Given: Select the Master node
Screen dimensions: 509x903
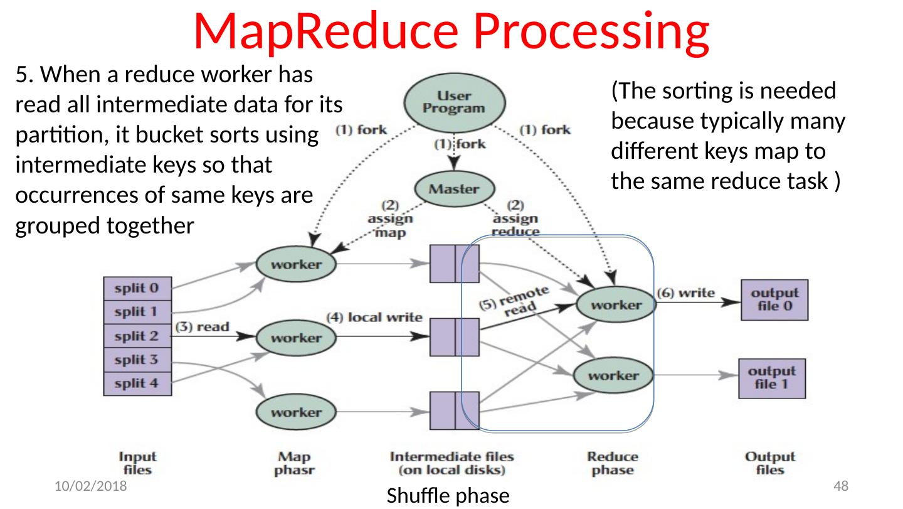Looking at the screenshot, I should pos(455,188).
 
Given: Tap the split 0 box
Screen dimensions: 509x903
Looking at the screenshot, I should pos(137,289).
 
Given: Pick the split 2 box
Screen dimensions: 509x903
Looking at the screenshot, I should pos(137,336).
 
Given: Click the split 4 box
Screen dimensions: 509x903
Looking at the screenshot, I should pos(137,383).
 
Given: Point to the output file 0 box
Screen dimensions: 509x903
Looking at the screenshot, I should pos(774,299).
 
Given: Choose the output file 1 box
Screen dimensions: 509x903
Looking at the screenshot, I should pos(772,378).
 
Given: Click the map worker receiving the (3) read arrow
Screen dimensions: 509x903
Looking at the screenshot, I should pos(297,338).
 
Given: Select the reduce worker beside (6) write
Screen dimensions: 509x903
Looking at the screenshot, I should pos(615,305).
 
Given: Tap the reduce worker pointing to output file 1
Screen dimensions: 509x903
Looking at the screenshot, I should pos(614,375).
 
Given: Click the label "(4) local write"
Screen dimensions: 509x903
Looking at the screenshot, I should pos(374,317).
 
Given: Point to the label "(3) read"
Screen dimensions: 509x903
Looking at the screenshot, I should pos(203,327).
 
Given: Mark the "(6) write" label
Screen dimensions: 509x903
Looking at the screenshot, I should pos(685,292).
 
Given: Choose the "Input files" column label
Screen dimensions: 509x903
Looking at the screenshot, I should pos(137,463).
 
